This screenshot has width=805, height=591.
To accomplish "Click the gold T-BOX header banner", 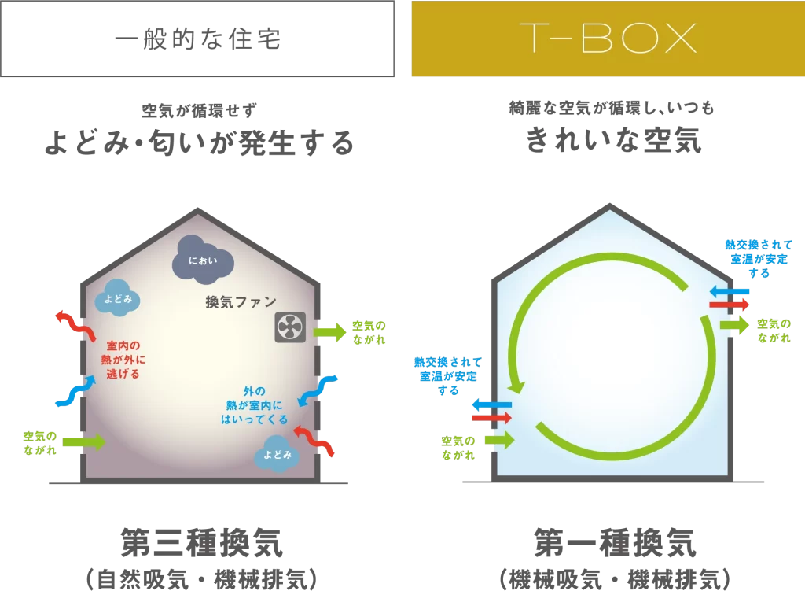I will (608, 39).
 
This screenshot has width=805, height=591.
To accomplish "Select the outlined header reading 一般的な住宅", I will (197, 39).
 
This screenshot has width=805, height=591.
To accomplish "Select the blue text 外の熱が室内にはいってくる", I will (254, 404).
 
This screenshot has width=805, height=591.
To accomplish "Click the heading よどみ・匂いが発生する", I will (198, 142).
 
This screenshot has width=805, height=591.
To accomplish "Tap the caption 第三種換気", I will (201, 543).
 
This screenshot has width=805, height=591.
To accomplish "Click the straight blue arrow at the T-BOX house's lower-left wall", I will (491, 404).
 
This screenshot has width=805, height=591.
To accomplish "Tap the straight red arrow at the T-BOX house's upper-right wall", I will (729, 304).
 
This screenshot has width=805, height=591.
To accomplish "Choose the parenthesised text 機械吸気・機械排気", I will (615, 578).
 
